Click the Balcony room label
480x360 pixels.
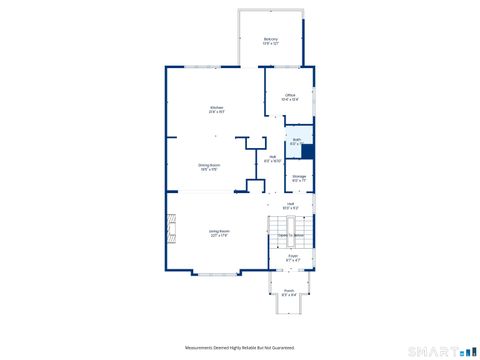270,40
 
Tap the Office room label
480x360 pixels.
290,97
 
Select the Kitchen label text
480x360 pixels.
216,109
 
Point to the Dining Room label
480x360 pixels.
209,168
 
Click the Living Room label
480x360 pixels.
218,234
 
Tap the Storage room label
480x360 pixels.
299,178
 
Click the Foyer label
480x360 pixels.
293,257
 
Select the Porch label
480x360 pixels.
288,293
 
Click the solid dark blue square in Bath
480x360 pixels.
308,152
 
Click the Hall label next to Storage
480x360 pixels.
272,158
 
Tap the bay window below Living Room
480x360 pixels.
215,273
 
